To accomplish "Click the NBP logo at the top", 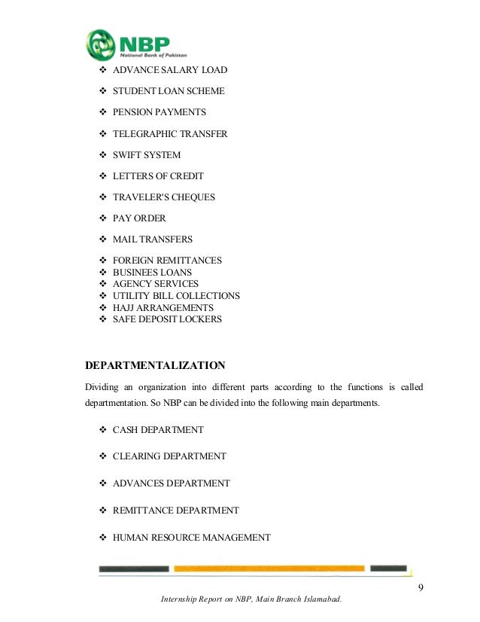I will [x=135, y=44].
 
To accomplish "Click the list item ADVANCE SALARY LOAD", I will [x=169, y=70].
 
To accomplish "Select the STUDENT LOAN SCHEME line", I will [x=169, y=91].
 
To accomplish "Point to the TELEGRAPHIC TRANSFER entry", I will [x=170, y=134].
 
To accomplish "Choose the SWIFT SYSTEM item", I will [x=147, y=155].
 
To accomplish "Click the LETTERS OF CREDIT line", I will [x=158, y=176].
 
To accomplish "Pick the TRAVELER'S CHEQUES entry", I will [x=163, y=197].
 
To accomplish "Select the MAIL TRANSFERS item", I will [x=153, y=239].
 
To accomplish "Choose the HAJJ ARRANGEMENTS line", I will [x=163, y=308].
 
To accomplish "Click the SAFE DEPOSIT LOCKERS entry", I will [x=167, y=319].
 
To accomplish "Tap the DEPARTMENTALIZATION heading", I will [x=155, y=366].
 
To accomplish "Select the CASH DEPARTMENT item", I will [x=158, y=430].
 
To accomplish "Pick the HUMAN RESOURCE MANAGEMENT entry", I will [x=191, y=538].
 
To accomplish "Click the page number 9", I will [x=421, y=587].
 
